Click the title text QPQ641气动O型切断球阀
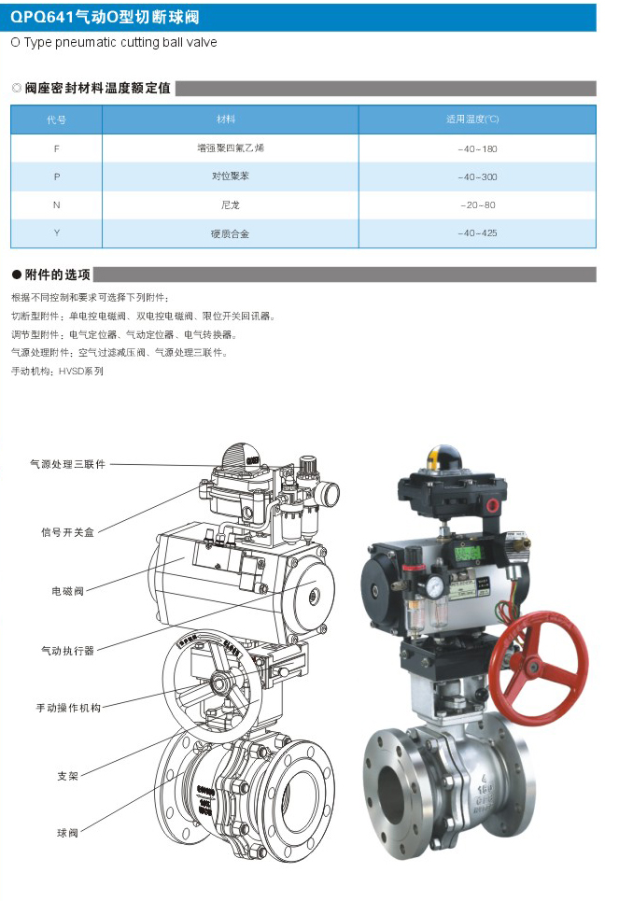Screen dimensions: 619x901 105,17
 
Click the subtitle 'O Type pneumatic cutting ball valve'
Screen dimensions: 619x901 114,42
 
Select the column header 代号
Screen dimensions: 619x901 56,120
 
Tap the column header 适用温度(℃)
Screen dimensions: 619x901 472,119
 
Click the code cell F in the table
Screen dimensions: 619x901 56,148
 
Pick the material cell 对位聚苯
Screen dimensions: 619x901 230,176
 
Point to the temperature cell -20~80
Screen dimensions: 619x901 478,205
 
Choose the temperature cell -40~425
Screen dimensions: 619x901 478,233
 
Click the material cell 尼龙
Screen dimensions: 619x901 230,205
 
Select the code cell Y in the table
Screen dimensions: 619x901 56,233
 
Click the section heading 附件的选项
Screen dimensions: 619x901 58,275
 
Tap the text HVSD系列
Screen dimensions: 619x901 81,372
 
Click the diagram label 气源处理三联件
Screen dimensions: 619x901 68,464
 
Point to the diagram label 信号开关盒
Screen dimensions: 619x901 67,532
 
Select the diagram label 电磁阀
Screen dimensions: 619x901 68,591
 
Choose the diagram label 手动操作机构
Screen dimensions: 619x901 68,708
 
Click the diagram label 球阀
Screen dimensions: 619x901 67,833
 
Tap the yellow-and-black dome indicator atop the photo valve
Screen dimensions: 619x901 443,458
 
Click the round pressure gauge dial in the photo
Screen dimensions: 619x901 435,586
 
